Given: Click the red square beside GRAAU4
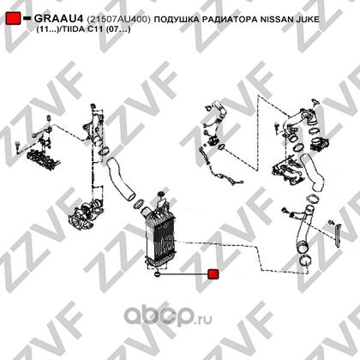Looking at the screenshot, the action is [x=13, y=18].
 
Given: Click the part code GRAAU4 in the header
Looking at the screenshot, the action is [x=59, y=19].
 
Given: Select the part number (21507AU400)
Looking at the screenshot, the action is [x=118, y=19].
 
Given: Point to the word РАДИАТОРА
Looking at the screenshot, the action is [x=230, y=19].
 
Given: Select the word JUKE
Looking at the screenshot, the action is [x=309, y=19].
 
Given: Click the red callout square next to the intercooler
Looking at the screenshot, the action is [x=213, y=274].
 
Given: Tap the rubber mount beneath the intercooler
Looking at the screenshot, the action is [x=157, y=274].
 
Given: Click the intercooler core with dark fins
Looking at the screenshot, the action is [x=159, y=239].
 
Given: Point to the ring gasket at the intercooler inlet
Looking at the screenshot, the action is [x=140, y=203].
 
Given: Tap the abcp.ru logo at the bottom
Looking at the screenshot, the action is [x=168, y=316].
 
